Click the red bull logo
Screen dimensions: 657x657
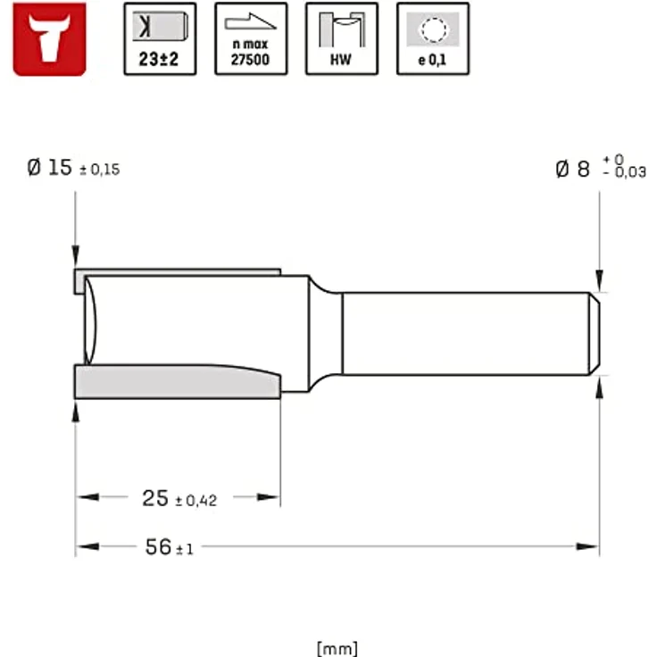click(x=49, y=38)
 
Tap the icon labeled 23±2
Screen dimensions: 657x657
click(x=160, y=38)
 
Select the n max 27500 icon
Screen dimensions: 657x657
click(x=251, y=38)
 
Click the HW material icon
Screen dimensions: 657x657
click(x=342, y=38)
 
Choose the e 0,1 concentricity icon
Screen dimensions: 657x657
click(x=433, y=38)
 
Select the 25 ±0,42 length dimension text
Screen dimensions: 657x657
click(x=179, y=499)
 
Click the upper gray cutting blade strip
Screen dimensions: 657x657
click(x=179, y=271)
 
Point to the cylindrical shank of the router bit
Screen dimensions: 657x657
click(x=464, y=333)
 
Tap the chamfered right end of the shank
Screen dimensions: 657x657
click(x=594, y=333)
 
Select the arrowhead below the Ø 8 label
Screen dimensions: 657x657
click(x=599, y=283)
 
